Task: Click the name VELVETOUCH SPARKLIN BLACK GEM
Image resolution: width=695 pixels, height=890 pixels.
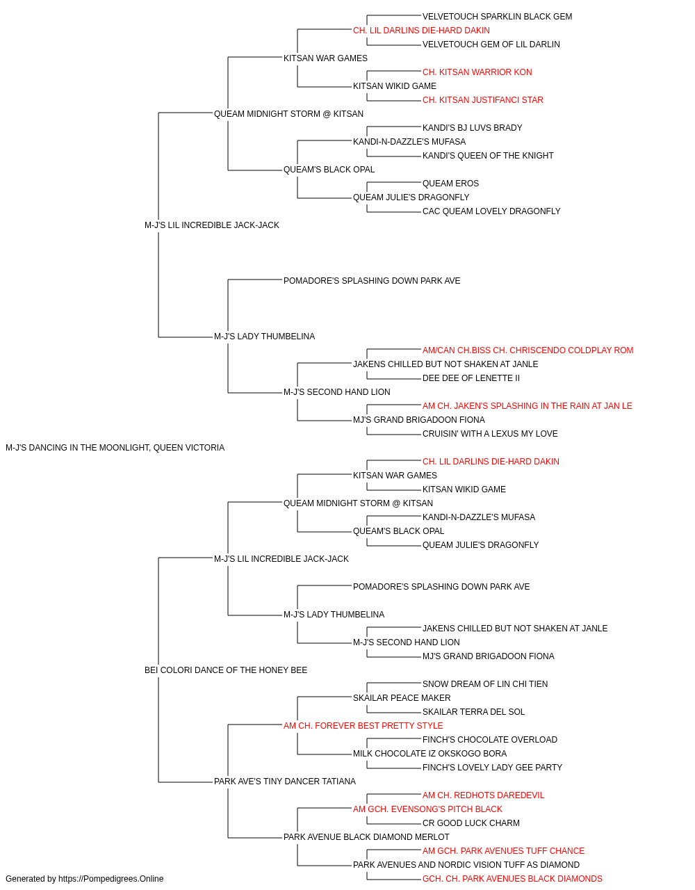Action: (497, 17)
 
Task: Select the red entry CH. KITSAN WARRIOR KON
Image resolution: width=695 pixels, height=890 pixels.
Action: (477, 72)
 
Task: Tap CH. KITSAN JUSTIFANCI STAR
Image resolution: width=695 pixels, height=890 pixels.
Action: (482, 100)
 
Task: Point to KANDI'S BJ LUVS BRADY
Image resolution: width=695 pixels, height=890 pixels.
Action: (472, 128)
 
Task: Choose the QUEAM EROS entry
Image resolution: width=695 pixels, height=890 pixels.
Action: (450, 184)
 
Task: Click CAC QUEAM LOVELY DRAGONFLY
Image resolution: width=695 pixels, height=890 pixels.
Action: (491, 212)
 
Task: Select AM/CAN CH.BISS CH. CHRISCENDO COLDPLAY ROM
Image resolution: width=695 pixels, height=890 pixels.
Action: (528, 350)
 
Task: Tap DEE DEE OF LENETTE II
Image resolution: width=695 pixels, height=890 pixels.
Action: (471, 378)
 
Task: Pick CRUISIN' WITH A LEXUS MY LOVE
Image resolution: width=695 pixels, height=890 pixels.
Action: (490, 434)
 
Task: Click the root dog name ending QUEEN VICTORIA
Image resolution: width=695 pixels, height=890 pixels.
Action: (115, 448)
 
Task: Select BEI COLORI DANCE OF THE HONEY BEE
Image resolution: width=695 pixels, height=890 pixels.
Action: (225, 670)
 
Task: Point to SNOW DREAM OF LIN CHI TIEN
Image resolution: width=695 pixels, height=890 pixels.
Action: (484, 684)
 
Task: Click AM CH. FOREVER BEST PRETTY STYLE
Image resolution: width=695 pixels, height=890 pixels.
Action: (363, 726)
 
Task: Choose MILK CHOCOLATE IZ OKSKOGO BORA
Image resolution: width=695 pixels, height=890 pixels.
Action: (430, 754)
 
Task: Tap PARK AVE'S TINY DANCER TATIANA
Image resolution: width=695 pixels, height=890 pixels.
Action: (285, 782)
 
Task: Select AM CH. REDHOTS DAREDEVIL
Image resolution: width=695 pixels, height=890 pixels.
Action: (483, 796)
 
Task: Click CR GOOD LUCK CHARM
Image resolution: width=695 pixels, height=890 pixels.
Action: (471, 824)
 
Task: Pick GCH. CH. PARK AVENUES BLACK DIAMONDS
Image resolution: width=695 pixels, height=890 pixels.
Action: (512, 880)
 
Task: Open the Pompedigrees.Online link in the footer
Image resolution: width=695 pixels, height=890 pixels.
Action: (111, 880)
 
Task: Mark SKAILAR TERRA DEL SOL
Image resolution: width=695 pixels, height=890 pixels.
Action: (473, 712)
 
